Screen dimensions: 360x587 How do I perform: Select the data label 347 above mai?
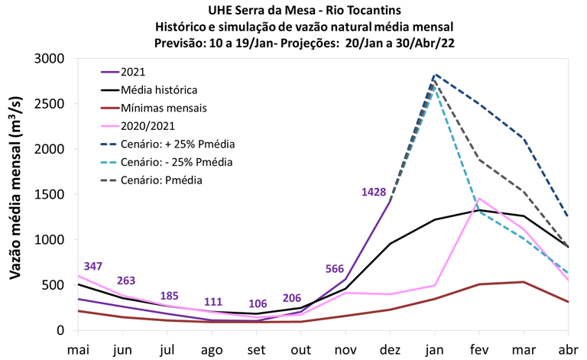(88, 265)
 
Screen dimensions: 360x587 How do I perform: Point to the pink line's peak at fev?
(479, 199)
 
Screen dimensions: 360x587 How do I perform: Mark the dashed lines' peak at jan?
(435, 75)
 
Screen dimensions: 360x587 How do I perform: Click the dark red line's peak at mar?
(524, 282)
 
